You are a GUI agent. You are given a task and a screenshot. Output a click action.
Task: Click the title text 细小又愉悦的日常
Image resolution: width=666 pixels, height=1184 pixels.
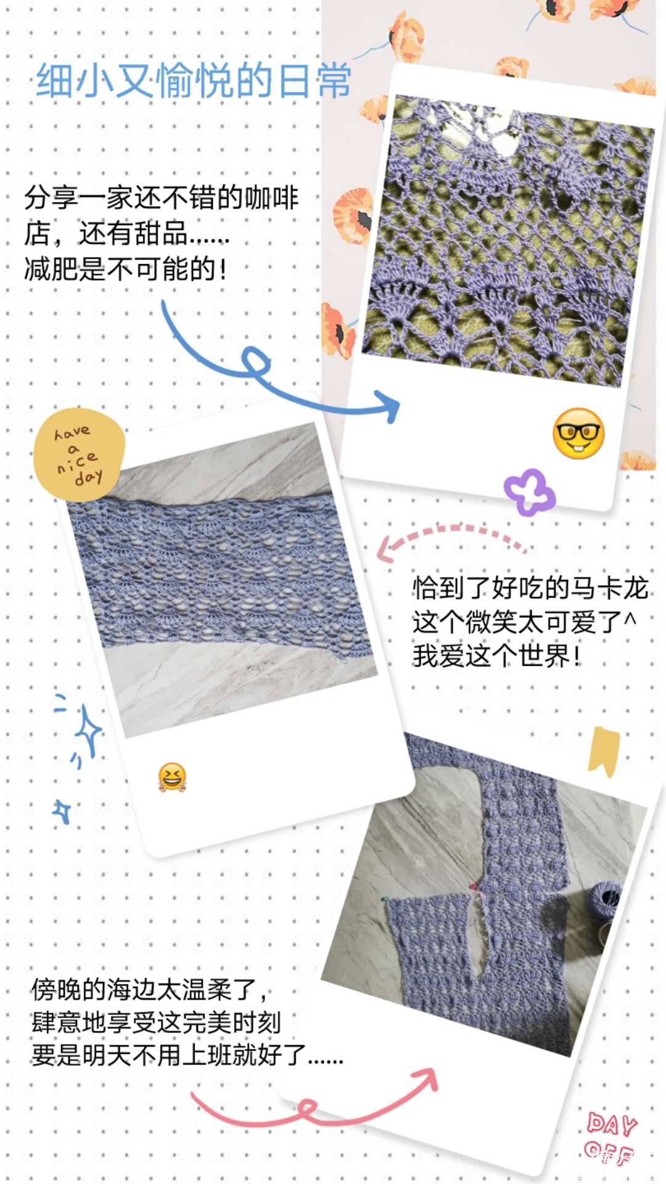[x=194, y=80]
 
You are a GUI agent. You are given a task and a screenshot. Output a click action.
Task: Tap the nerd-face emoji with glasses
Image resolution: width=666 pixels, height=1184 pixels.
[x=578, y=433]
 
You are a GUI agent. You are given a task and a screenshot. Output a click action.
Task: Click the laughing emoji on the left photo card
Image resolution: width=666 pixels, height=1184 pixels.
[x=172, y=777]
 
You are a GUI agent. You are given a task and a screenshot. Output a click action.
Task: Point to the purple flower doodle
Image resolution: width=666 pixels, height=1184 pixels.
[x=529, y=491]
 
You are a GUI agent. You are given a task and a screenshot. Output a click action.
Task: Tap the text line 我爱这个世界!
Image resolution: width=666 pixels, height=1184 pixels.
[x=497, y=655]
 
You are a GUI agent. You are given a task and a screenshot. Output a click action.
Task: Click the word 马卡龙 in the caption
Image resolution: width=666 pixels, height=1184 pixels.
[x=608, y=588]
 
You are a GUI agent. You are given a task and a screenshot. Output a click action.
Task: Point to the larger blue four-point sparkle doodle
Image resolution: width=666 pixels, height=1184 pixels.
[x=88, y=731]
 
